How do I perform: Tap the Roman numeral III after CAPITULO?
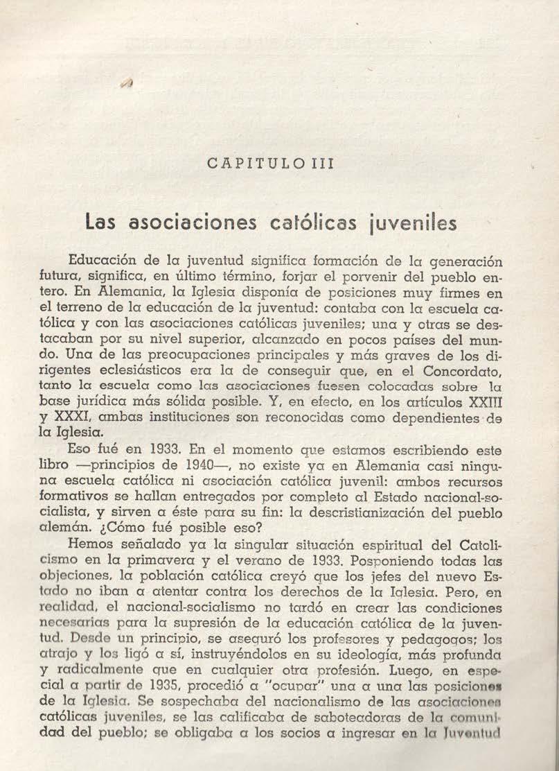pos(323,164)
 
